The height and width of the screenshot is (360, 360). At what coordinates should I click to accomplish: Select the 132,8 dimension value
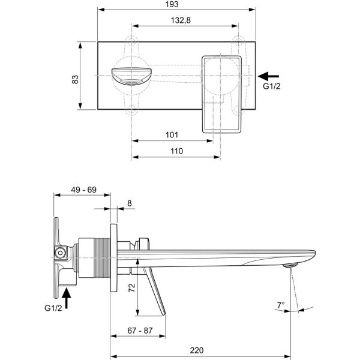coord(184,20)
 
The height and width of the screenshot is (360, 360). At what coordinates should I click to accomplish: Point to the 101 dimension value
coord(172,135)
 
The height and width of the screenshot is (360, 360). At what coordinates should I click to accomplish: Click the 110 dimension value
coord(176,152)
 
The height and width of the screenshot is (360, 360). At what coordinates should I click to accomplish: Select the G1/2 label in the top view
coord(272,86)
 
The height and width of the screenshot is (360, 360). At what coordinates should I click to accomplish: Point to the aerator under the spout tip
coord(290,265)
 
